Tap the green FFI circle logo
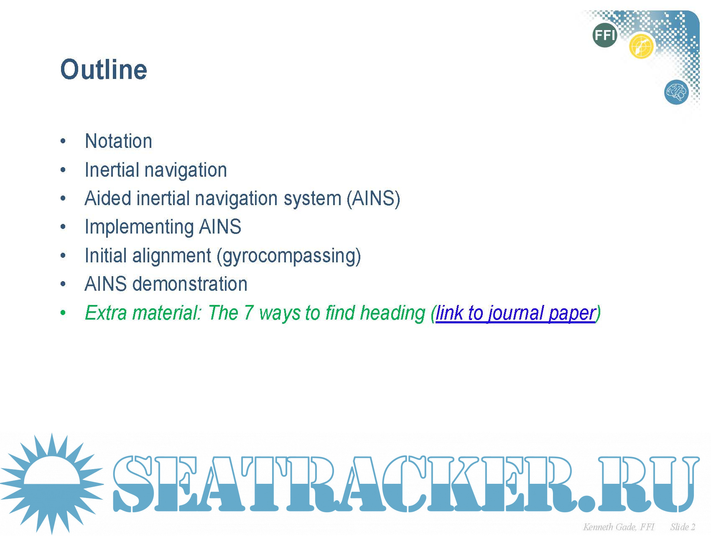coord(604,35)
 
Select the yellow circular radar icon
coord(641,46)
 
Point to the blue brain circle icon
coord(676,92)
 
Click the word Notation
coord(118,141)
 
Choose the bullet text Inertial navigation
coord(155,170)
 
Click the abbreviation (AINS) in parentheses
coord(373,198)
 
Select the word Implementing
coord(139,227)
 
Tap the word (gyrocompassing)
coord(289,256)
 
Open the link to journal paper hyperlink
coord(516,313)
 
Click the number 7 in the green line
coord(249,313)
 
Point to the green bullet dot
coord(63,313)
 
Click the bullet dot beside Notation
coord(63,141)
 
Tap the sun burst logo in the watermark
coord(51,484)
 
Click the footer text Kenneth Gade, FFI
coord(619,527)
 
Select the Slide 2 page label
coord(683,527)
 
